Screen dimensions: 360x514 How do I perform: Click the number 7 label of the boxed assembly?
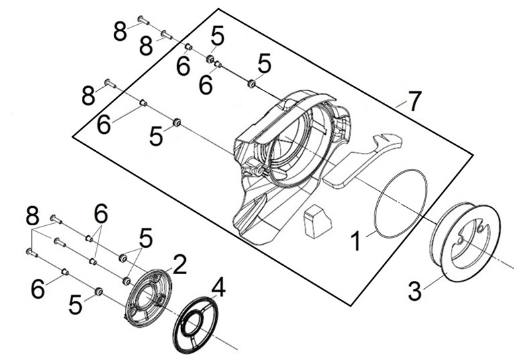click(414, 102)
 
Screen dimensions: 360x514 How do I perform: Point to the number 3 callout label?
click(415, 291)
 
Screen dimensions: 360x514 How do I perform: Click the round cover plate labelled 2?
click(148, 296)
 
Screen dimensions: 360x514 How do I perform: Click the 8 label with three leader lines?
click(32, 216)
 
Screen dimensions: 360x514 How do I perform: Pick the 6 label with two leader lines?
click(101, 215)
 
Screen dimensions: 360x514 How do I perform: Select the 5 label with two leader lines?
click(146, 238)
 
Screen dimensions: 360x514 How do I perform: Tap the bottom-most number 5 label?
click(75, 305)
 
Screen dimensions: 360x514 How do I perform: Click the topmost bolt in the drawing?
click(143, 19)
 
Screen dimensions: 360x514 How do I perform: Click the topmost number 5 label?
click(217, 35)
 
